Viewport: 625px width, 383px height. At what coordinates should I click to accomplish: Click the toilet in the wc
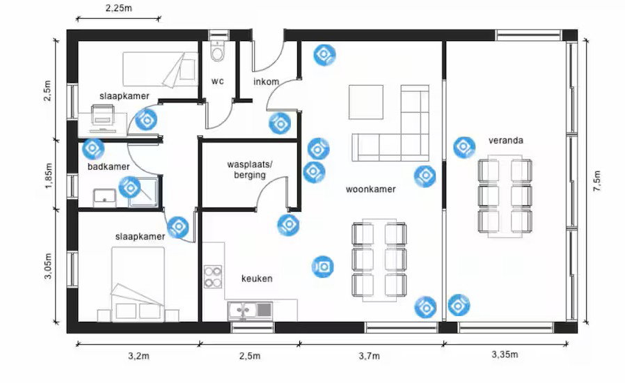tap(218, 51)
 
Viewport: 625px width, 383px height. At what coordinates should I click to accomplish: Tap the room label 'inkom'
tap(267, 81)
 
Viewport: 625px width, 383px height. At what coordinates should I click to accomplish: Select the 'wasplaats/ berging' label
tap(250, 169)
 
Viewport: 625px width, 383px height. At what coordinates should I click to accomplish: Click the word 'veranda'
tap(506, 141)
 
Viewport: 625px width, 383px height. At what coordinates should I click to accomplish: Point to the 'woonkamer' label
tap(371, 189)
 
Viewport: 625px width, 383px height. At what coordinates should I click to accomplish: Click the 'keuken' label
tap(257, 279)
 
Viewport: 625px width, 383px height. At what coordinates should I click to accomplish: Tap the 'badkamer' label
tap(109, 166)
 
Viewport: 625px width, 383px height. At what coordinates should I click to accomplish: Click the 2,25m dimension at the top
tap(119, 8)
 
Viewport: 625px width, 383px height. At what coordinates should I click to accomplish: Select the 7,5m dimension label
tap(596, 181)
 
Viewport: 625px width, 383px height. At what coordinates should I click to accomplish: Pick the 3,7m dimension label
tap(369, 356)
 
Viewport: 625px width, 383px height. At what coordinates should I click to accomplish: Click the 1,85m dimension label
tap(48, 175)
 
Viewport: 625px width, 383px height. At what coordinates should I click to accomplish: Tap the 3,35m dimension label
tap(505, 354)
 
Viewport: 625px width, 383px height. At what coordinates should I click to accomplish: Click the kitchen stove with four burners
tap(213, 277)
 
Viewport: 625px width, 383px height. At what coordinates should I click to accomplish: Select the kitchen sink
tap(251, 311)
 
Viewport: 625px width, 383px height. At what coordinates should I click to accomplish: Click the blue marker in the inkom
tap(280, 124)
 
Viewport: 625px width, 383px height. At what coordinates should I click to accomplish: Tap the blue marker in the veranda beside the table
tap(464, 147)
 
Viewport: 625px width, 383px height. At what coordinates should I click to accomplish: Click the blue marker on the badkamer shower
tap(130, 187)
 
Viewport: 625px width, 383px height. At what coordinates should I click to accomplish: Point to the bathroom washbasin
tap(104, 198)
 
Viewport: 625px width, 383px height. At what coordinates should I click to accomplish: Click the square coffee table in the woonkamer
tap(366, 102)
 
